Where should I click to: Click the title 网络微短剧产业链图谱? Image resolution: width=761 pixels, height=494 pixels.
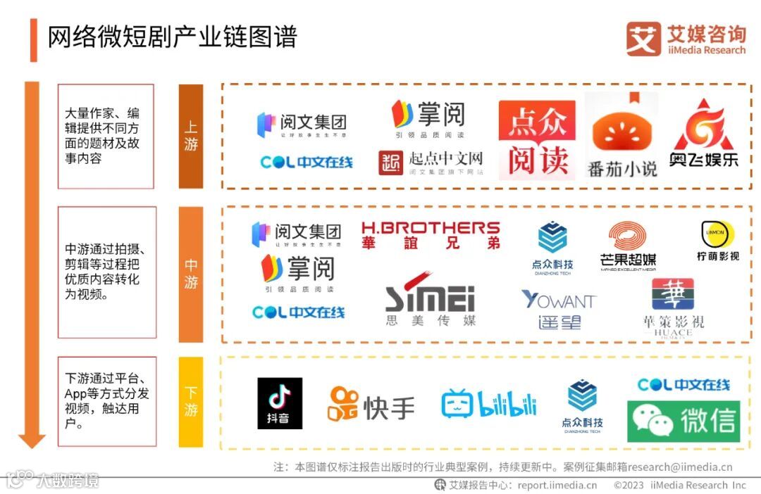click(x=172, y=37)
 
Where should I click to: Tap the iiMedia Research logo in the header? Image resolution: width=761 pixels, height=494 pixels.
click(x=685, y=39)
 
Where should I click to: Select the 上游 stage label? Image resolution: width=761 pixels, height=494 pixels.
click(x=191, y=136)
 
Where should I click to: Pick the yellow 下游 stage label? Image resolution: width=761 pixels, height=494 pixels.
click(x=191, y=402)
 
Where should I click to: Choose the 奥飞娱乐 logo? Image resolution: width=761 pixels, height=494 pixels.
click(x=704, y=134)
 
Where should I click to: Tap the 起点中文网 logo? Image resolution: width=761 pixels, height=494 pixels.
click(x=431, y=162)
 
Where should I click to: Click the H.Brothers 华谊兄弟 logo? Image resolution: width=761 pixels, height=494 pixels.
click(x=431, y=235)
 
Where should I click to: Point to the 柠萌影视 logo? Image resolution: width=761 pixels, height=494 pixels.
click(x=717, y=241)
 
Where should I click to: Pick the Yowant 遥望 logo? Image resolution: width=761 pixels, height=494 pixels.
click(x=558, y=308)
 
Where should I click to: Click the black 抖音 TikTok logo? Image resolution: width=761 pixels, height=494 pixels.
click(x=280, y=403)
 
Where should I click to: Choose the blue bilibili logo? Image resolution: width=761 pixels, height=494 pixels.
click(x=489, y=403)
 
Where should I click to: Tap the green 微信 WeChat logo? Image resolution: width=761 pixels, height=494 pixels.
click(x=683, y=421)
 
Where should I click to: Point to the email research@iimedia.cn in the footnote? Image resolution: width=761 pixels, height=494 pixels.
click(x=680, y=467)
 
